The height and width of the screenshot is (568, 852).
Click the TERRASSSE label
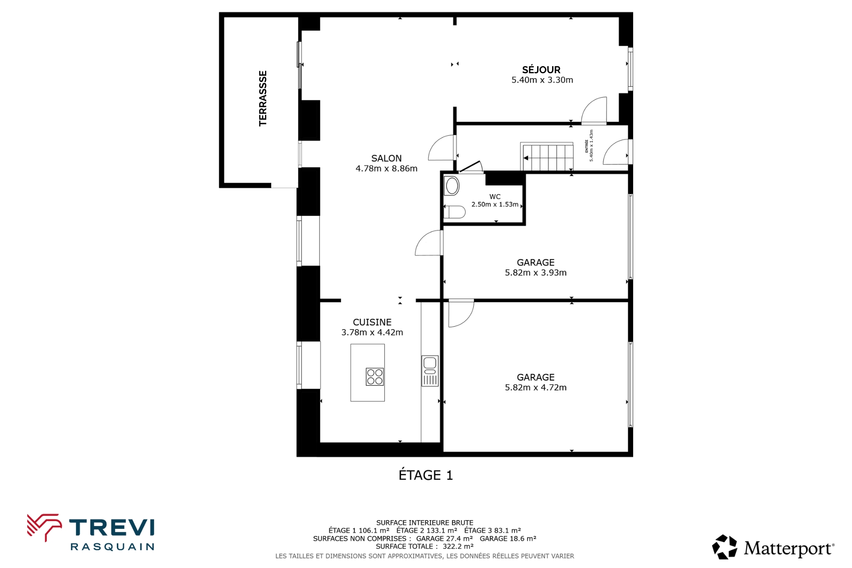[263, 98]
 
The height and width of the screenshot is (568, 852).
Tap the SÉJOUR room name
[541, 69]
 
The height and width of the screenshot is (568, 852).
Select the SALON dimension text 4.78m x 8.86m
[386, 169]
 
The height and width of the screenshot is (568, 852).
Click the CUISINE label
[372, 322]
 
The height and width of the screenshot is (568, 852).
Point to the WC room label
[495, 197]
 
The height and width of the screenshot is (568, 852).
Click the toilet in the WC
[454, 212]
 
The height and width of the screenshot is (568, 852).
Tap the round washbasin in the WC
[452, 186]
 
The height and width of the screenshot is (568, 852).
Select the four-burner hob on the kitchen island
[375, 377]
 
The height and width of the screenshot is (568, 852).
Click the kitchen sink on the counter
[430, 371]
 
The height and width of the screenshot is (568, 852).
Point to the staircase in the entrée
[547, 157]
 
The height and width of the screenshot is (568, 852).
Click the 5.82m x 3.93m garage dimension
[536, 273]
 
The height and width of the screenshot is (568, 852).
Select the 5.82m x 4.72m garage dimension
[536, 387]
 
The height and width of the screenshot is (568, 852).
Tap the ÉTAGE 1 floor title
[426, 475]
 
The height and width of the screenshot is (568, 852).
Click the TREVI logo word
[111, 528]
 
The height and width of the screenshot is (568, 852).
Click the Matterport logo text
[789, 548]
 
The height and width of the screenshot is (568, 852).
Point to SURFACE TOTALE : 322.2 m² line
[425, 546]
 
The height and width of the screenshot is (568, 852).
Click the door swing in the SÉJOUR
[594, 110]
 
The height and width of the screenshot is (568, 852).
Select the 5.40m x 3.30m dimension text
[542, 80]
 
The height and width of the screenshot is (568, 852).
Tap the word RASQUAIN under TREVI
[112, 547]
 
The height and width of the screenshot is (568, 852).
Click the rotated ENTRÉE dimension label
[589, 146]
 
